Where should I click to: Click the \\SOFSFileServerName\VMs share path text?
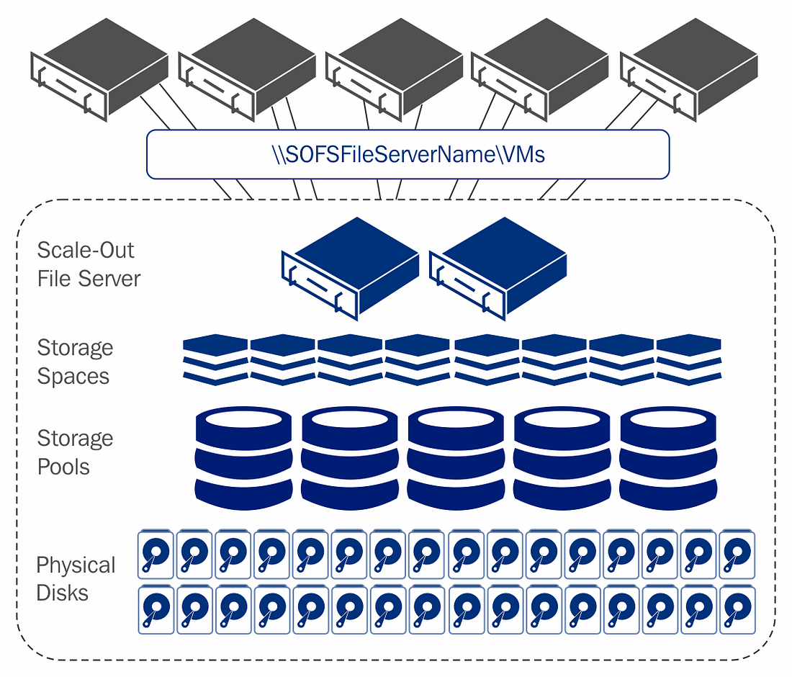click(x=408, y=154)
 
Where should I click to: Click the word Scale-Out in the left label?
click(x=86, y=251)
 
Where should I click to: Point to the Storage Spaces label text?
click(x=75, y=362)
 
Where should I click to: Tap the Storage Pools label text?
click(x=75, y=452)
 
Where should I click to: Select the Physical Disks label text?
click(x=76, y=578)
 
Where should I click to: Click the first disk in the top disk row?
click(x=156, y=555)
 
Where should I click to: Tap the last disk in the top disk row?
click(x=737, y=555)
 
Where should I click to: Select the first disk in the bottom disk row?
click(x=156, y=609)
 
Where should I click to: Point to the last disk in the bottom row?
click(x=737, y=609)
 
